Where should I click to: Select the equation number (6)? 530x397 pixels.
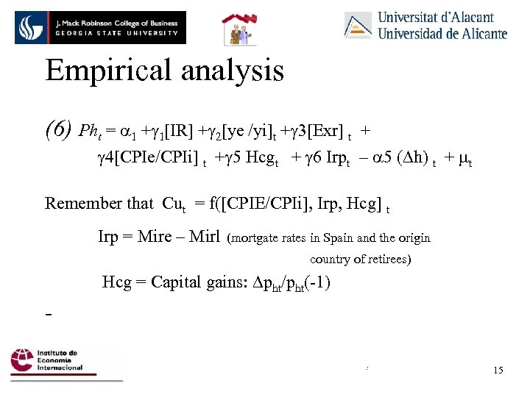[58, 131]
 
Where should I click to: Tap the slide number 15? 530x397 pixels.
[498, 370]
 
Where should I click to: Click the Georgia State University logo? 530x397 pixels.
[100, 28]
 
